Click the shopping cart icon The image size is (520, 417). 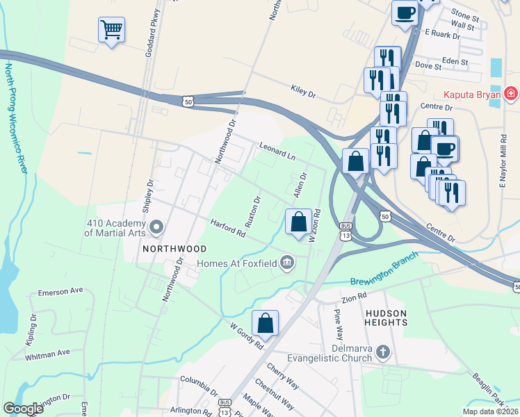(x=111, y=30)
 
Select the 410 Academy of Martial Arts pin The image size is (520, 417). (x=156, y=227)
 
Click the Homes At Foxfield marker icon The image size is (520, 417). (x=286, y=263)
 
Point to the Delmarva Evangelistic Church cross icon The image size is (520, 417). (x=382, y=353)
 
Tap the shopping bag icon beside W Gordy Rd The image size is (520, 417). (x=265, y=323)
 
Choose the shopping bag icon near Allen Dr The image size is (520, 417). (x=298, y=222)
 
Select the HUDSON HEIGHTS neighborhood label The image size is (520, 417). (x=386, y=318)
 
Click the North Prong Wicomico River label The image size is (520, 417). (x=14, y=119)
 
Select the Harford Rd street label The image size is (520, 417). (x=228, y=228)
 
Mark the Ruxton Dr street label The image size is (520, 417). (x=252, y=211)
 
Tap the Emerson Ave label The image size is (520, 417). (x=60, y=291)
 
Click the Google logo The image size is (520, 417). (x=23, y=409)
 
